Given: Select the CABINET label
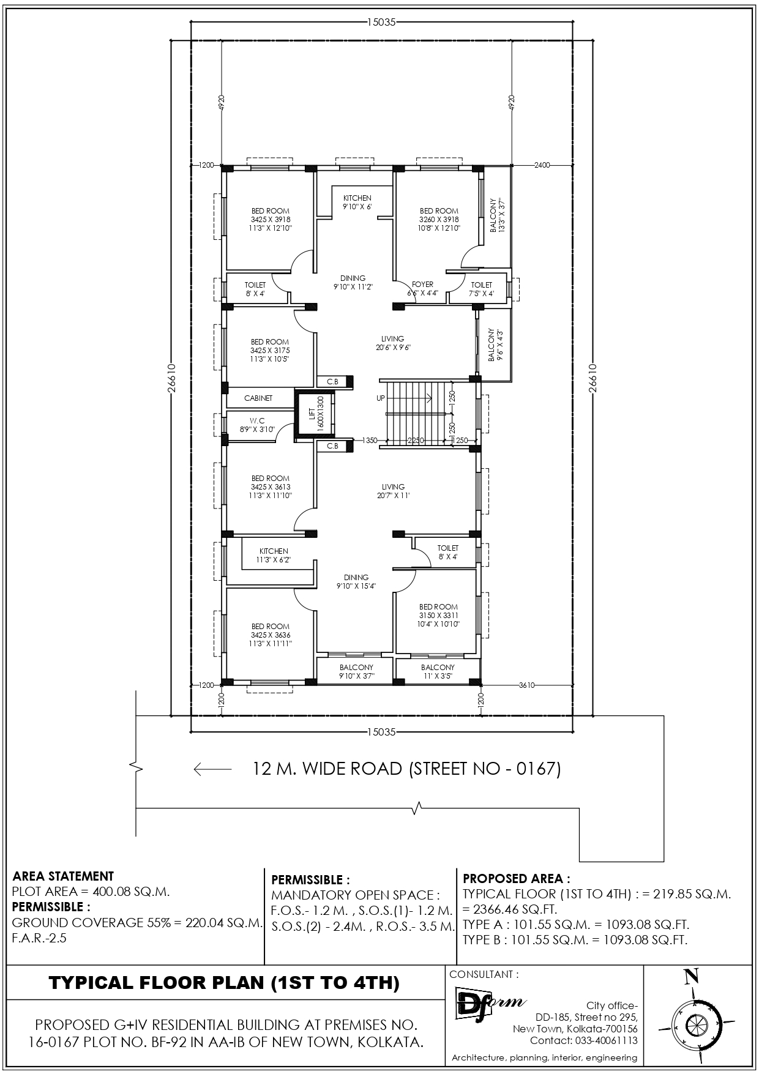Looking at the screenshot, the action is pyautogui.click(x=258, y=398).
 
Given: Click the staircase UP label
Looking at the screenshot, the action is pyautogui.click(x=381, y=398).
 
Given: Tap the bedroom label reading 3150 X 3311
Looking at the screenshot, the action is pyautogui.click(x=439, y=615).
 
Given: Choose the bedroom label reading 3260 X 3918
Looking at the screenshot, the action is pyautogui.click(x=439, y=219).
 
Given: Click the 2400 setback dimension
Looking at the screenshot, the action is pyautogui.click(x=542, y=165).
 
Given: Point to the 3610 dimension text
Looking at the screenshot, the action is pyautogui.click(x=527, y=685).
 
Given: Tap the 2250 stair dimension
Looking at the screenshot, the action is pyautogui.click(x=416, y=441).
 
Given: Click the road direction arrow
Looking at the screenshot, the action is pyautogui.click(x=212, y=769).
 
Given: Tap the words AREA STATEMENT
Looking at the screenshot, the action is pyautogui.click(x=63, y=876).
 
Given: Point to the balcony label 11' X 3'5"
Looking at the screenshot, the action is pyautogui.click(x=438, y=671).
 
